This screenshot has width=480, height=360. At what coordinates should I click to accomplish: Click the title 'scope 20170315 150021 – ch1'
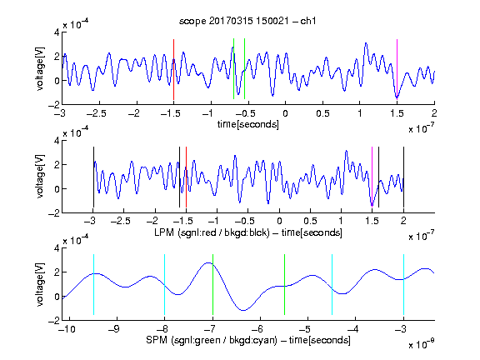(x=247, y=21)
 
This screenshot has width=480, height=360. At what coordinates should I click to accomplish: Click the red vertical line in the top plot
(x=173, y=69)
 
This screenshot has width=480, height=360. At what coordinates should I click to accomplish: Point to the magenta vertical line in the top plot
(x=397, y=69)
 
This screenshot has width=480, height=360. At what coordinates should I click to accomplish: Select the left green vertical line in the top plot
(x=233, y=69)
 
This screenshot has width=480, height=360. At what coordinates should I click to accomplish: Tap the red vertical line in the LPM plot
(x=186, y=177)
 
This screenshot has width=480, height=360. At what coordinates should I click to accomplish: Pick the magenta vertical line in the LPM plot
(x=372, y=177)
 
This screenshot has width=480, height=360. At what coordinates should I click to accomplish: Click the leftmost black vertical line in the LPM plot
(x=93, y=177)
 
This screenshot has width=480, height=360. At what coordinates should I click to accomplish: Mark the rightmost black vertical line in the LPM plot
(x=403, y=177)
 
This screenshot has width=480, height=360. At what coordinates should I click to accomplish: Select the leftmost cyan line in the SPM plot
(x=93, y=284)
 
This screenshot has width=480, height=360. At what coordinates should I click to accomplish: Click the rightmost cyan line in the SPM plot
(x=403, y=284)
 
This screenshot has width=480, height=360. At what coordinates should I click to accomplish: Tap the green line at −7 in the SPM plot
(x=212, y=284)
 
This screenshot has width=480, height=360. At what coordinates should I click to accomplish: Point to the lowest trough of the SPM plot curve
(x=243, y=310)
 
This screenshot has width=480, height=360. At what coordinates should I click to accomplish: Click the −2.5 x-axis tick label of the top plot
(x=97, y=114)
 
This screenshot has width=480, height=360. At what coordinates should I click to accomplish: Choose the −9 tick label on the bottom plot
(x=114, y=329)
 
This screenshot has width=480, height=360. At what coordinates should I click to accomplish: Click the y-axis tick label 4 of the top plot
(x=57, y=32)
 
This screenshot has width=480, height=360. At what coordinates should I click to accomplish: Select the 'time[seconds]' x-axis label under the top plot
(x=248, y=124)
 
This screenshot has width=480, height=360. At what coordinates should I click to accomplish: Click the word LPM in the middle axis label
(x=164, y=232)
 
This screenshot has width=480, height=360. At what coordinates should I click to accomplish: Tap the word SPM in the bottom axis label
(x=157, y=340)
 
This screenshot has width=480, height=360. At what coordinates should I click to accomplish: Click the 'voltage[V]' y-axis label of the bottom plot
(x=40, y=284)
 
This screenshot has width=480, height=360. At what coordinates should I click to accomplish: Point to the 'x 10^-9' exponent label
(x=422, y=343)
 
